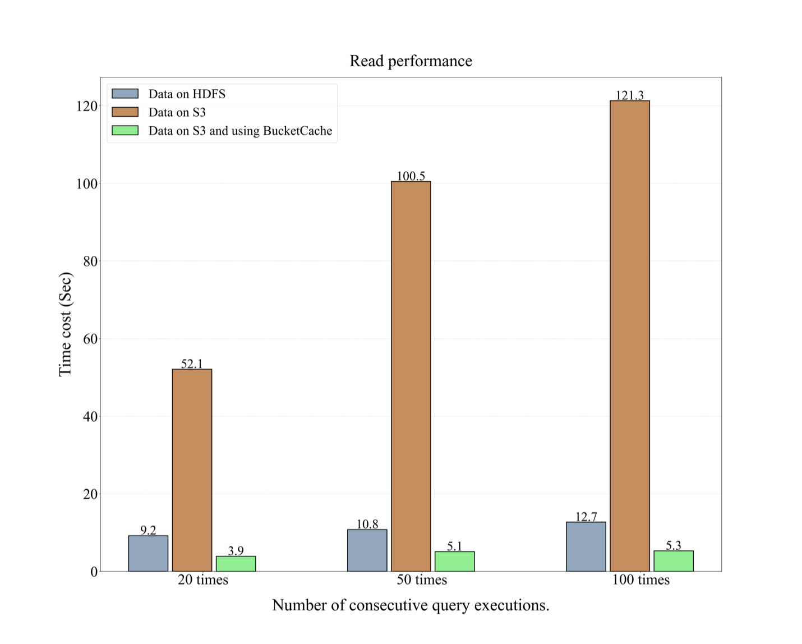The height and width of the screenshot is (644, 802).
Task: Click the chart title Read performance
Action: [411, 61]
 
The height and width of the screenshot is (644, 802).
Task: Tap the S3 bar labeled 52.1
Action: [192, 470]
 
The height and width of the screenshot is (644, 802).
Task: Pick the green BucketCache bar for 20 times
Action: [236, 563]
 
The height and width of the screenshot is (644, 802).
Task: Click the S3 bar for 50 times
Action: [411, 376]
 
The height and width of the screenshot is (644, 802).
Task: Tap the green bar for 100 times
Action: [673, 561]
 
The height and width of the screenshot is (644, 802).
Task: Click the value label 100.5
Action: [411, 176]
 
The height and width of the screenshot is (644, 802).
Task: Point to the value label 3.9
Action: [236, 550]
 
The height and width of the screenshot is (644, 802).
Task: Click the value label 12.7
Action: [586, 516]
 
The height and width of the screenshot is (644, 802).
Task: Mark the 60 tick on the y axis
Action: [90, 339]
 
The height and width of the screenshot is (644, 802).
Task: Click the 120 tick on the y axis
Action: [86, 106]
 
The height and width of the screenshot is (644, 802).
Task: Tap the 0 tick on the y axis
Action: [94, 572]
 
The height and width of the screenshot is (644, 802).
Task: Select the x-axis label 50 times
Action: [422, 579]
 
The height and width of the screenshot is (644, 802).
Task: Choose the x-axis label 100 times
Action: [640, 579]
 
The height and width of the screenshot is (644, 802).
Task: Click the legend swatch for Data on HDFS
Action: [125, 94]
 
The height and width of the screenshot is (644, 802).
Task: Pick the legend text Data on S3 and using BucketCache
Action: [240, 131]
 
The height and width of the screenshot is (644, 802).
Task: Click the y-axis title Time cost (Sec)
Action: [65, 324]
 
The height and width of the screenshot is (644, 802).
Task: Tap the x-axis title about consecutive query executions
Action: [411, 605]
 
